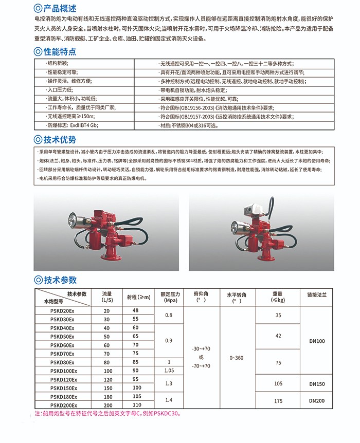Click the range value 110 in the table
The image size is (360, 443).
click(x=136, y=405)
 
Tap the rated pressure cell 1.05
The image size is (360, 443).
click(x=169, y=370)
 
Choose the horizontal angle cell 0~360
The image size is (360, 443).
click(x=236, y=358)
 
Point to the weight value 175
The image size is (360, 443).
click(x=278, y=401)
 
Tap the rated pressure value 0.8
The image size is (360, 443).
click(x=169, y=315)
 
